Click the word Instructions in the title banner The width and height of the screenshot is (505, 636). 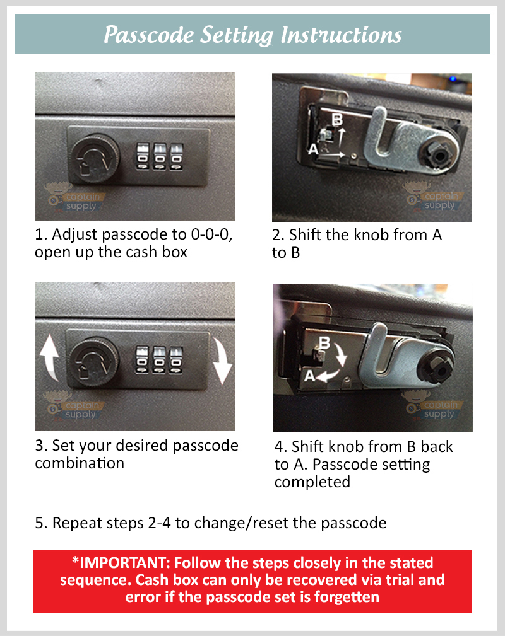pyautogui.click(x=341, y=35)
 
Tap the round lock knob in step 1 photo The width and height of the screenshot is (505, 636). pyautogui.click(x=94, y=156)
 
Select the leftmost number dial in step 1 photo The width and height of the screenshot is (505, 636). pyautogui.click(x=143, y=156)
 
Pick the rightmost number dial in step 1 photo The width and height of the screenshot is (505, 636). pyautogui.click(x=176, y=156)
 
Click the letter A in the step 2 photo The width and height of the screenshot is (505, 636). pyautogui.click(x=311, y=149)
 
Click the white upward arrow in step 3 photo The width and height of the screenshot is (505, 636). pyautogui.click(x=49, y=357)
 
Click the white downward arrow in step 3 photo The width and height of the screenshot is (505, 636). pyautogui.click(x=222, y=362)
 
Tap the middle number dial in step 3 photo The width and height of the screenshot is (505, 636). pyautogui.click(x=159, y=363)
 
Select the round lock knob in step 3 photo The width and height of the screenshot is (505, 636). pyautogui.click(x=93, y=364)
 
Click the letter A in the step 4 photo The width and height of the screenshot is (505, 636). pyautogui.click(x=311, y=376)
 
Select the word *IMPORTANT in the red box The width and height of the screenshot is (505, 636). pyautogui.click(x=121, y=562)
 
